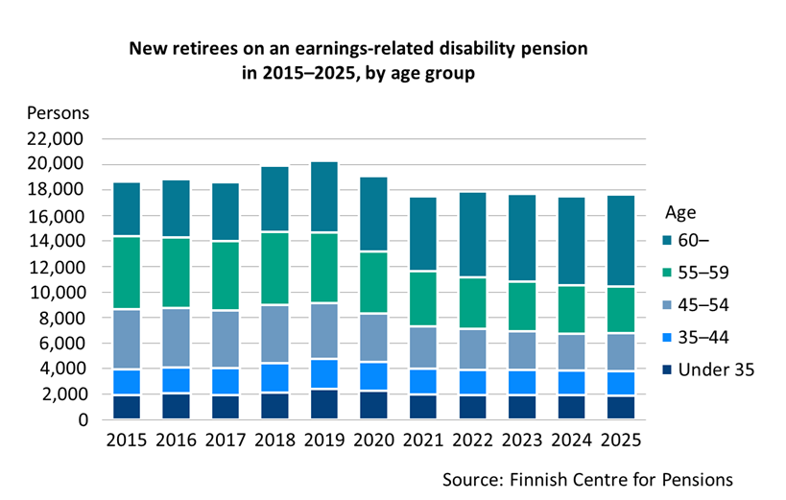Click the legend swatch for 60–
point(669,242)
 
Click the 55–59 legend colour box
point(669,274)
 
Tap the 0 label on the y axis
point(83,420)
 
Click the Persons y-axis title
point(58,112)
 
